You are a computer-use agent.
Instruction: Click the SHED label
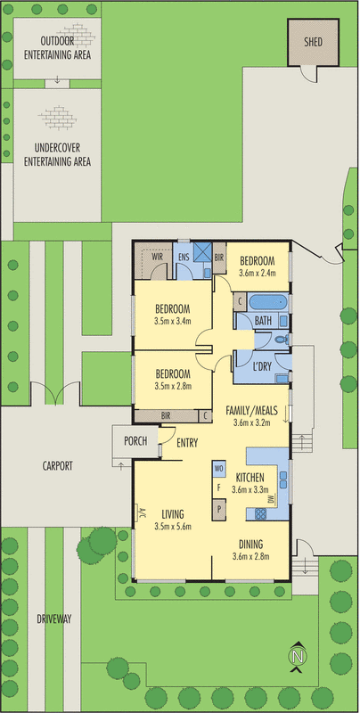pyautogui.click(x=312, y=42)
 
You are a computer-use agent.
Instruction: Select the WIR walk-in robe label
pyautogui.click(x=158, y=256)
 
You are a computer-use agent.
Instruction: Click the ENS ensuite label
pyautogui.click(x=184, y=256)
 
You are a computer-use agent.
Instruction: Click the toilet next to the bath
pyautogui.click(x=280, y=340)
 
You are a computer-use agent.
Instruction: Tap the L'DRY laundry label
pyautogui.click(x=262, y=366)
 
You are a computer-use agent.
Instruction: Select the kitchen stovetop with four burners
pyautogui.click(x=262, y=513)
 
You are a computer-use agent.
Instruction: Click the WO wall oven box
pyautogui.click(x=218, y=468)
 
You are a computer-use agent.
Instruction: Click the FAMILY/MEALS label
pyautogui.click(x=250, y=411)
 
